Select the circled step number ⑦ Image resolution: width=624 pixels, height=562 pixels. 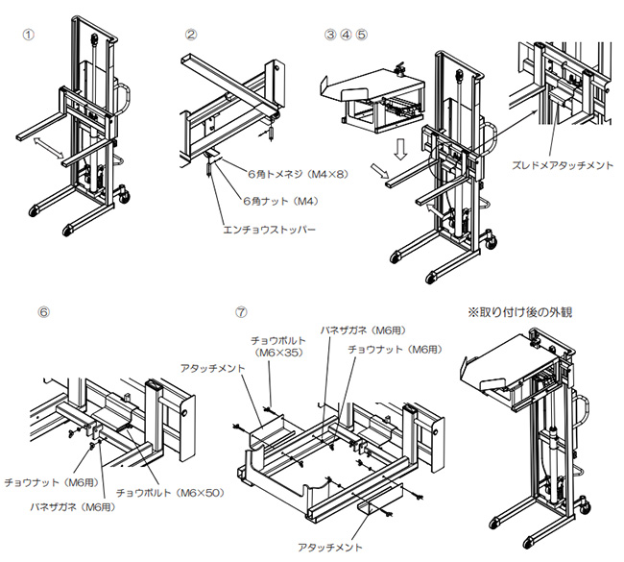pos(241,312)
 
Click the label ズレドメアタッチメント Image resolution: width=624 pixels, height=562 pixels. pos(565,164)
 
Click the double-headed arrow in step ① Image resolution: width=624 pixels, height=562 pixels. pos(48,146)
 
